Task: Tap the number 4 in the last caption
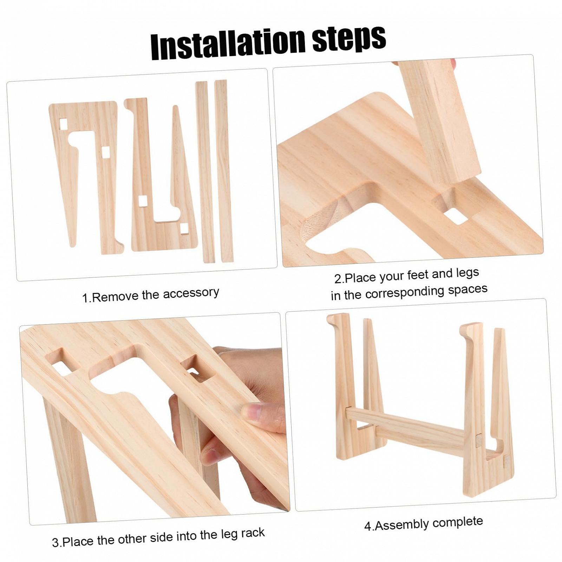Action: [368, 526]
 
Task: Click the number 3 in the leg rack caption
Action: [55, 543]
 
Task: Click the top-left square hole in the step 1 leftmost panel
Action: [63, 124]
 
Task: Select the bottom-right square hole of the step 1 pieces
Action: [184, 229]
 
